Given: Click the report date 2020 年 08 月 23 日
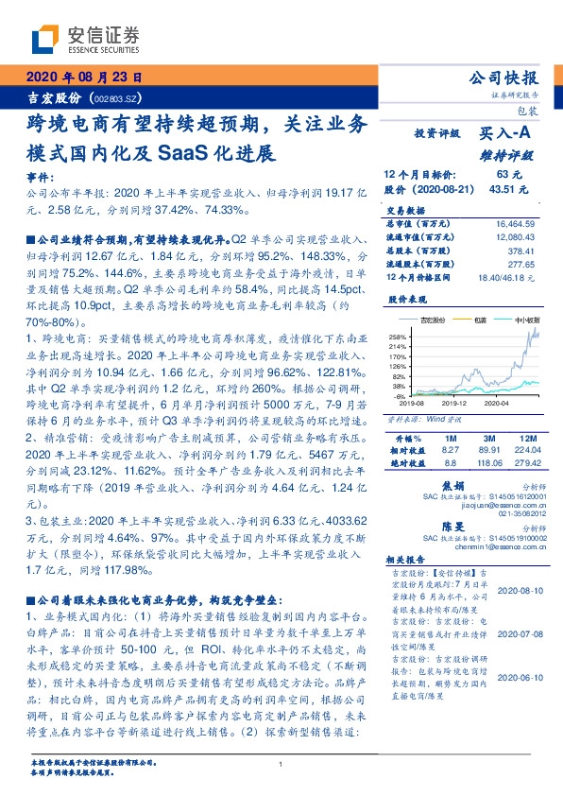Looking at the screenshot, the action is pos(83,77).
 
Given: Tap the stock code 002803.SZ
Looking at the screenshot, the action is pos(119,98).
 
